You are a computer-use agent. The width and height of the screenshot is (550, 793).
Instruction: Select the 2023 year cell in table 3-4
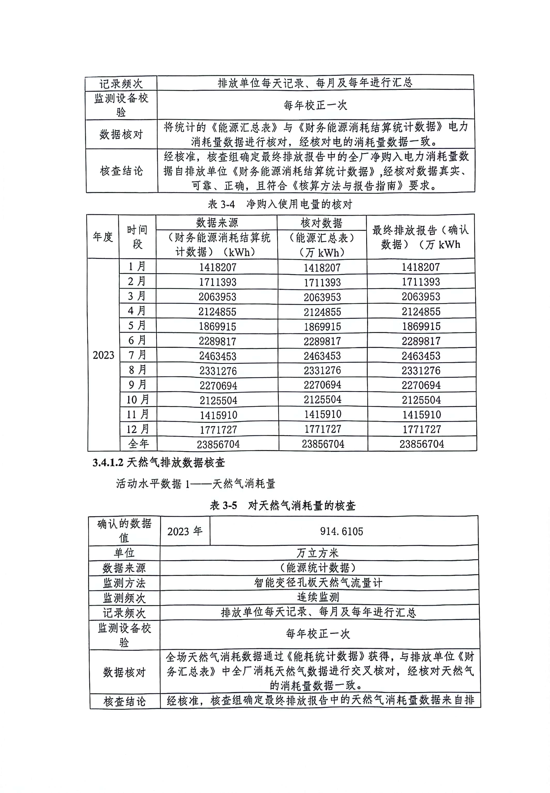pos(103,355)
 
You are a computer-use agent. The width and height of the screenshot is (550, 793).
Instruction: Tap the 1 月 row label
pos(137,267)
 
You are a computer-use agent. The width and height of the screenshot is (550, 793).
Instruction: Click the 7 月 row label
pos(137,355)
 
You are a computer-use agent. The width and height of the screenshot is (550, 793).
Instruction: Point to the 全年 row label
pos(138,444)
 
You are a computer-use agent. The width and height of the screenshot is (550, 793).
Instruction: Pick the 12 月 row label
pos(138,429)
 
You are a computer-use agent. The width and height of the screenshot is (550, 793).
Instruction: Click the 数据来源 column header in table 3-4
pos(217,223)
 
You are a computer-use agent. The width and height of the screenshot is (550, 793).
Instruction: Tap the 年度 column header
pos(103,237)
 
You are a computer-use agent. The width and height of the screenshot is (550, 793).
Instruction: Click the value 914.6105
pos(341,531)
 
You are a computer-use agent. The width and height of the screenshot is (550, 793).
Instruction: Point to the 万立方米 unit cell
pos(318,553)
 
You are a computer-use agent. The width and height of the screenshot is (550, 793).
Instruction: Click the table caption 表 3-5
pos(282,506)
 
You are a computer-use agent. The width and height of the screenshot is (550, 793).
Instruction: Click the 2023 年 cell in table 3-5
pos(185,531)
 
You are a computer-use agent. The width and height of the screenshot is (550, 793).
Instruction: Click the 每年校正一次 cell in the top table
pos(315,105)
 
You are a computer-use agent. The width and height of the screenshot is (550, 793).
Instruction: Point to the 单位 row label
pos(124,553)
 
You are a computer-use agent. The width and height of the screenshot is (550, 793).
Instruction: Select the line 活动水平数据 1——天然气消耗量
pos(195,484)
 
